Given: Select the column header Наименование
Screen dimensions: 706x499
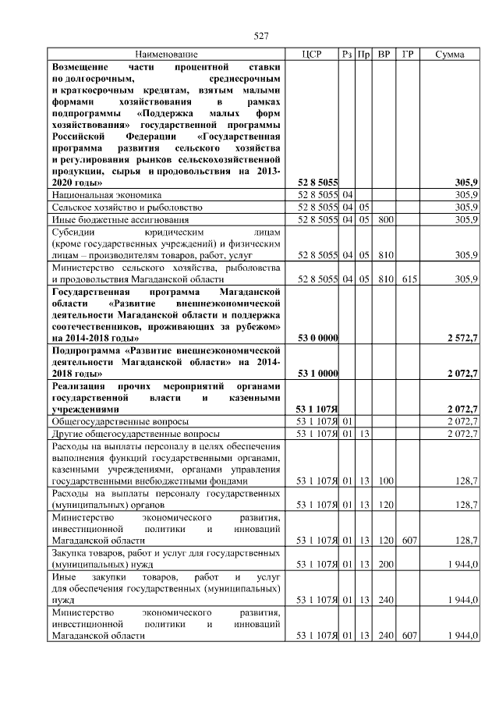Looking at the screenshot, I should click(166, 55).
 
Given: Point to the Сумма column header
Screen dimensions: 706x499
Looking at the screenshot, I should click(450, 55).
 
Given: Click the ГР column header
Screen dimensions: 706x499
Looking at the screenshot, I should click(407, 55).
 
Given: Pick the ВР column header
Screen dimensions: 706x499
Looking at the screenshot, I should click(384, 55).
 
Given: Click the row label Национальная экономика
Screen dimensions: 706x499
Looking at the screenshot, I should click(106, 195).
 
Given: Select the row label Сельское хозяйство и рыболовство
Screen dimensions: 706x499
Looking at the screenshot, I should click(127, 208).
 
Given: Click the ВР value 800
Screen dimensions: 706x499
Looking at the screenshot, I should click(384, 220).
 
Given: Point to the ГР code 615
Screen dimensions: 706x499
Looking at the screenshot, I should click(407, 279).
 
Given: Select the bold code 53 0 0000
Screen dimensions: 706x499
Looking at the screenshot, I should click(318, 339).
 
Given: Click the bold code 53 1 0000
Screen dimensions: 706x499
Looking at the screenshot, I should click(318, 374).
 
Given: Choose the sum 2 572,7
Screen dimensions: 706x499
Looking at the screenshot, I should click(462, 339).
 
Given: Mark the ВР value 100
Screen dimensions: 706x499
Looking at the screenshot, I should click(384, 482).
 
